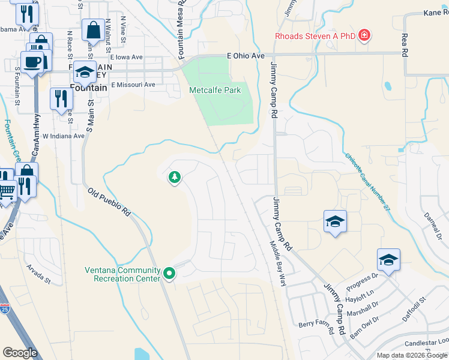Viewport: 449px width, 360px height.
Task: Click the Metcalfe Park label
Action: pos(215,90)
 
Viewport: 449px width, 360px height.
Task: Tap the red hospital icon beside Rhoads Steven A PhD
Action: pos(364,35)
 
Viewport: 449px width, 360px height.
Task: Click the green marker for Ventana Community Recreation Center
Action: pos(169,274)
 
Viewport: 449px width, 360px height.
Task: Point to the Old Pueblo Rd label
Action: pos(109,202)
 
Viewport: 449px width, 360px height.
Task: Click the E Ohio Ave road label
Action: pos(246,56)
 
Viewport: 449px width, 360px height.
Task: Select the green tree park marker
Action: pos(175,178)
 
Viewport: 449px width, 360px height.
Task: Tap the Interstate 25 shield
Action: pos(5,309)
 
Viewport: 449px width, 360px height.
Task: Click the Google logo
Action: pos(20,353)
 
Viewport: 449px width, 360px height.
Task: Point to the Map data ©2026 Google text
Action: pos(412,355)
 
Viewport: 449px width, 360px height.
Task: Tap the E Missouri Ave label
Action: pos(132,85)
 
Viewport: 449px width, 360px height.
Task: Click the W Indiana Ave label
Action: pos(63,136)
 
